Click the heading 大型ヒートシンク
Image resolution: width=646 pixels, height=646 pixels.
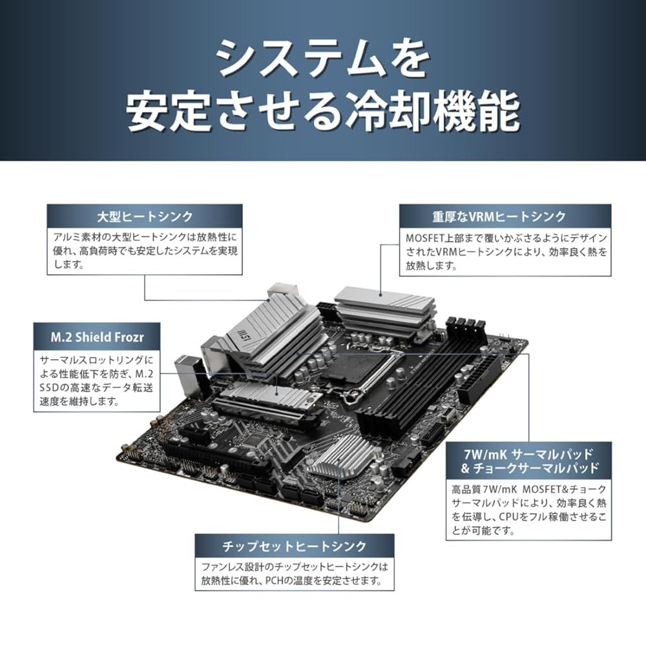[x=144, y=215]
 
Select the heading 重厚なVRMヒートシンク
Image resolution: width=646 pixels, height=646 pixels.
[x=504, y=216]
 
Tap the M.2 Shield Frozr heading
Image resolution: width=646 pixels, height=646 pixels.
[x=97, y=336]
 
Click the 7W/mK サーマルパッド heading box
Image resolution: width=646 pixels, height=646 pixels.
[x=530, y=458]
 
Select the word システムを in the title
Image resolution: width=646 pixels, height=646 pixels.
[x=322, y=59]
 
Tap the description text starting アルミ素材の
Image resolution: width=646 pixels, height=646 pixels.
[x=144, y=249]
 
